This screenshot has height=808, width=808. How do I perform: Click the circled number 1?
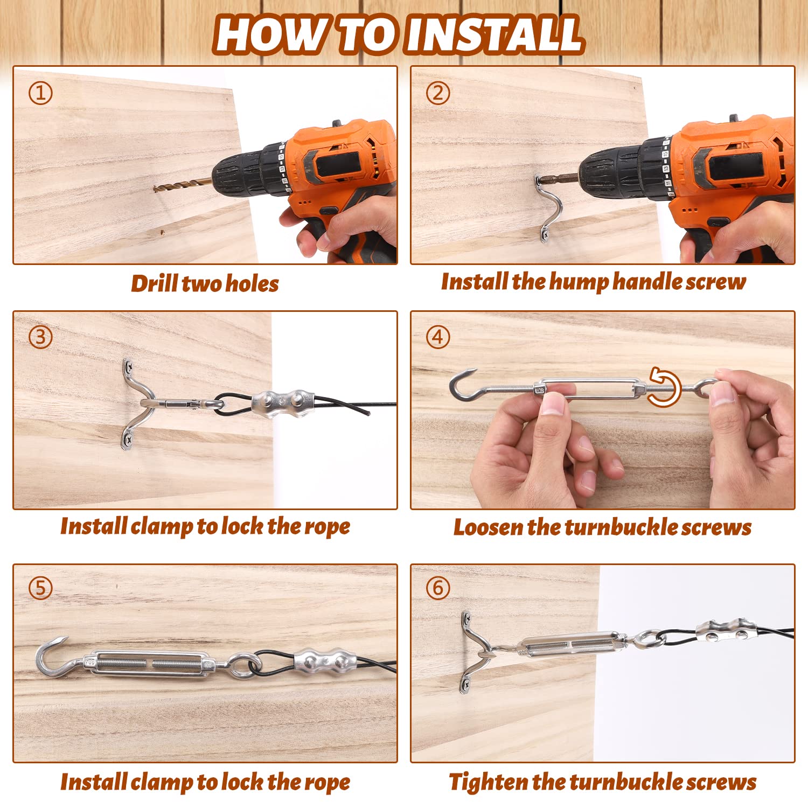[40, 93]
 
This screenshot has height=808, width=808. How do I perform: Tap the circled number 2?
[438, 93]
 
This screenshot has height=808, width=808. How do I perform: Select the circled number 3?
[40, 337]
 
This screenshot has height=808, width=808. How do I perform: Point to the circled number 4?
[438, 337]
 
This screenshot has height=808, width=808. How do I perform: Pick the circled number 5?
[40, 588]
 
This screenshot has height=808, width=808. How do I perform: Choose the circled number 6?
[438, 588]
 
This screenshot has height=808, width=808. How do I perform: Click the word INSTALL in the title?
[494, 34]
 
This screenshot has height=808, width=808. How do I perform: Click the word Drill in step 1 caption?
[155, 283]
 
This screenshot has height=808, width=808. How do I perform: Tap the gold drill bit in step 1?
[183, 184]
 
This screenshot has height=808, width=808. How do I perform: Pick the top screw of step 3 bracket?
[129, 367]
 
